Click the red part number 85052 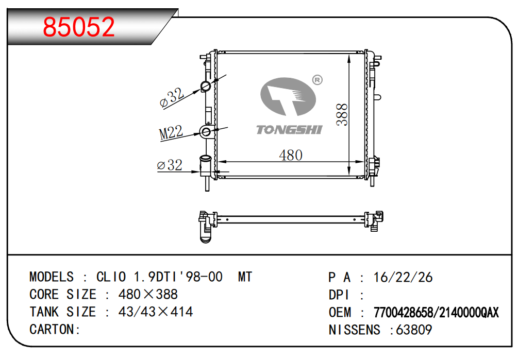click(79, 27)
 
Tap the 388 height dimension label click(342, 114)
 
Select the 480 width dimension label click(291, 155)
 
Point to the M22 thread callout click(171, 133)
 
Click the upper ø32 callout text click(172, 97)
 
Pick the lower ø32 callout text click(170, 165)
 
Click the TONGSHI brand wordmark click(289, 130)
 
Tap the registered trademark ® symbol click(317, 80)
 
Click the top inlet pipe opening click(206, 87)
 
